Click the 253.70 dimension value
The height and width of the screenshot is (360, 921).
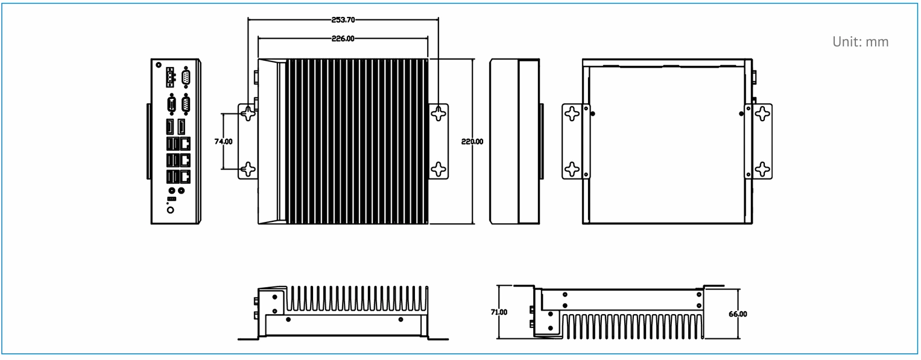[x=343, y=20]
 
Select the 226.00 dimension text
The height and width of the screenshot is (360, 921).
[x=343, y=39]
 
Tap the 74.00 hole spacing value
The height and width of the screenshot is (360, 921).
[x=223, y=141]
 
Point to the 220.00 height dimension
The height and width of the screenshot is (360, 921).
[x=472, y=141]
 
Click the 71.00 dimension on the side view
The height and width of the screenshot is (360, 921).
[x=499, y=312]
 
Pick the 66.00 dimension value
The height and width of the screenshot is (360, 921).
[x=738, y=314]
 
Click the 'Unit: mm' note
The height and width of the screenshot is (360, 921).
[x=860, y=42]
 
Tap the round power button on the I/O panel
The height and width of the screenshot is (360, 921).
[x=171, y=210]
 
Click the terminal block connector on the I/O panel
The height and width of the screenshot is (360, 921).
[x=170, y=77]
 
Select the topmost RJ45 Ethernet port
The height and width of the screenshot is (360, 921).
[x=185, y=144]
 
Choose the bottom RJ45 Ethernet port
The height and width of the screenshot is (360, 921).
[x=185, y=176]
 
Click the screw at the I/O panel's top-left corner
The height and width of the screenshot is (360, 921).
[x=159, y=65]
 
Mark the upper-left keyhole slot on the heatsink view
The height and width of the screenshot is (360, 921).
[x=248, y=113]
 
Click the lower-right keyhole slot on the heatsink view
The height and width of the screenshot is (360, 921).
[x=438, y=169]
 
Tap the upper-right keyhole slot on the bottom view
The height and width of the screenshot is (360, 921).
[x=763, y=114]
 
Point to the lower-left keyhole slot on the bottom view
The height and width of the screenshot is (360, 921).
[x=572, y=169]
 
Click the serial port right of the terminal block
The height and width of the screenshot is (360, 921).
[x=185, y=77]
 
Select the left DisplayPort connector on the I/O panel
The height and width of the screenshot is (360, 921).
[x=170, y=127]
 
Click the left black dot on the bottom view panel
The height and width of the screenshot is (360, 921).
[x=592, y=114]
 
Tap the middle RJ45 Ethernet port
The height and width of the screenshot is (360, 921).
[x=185, y=160]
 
